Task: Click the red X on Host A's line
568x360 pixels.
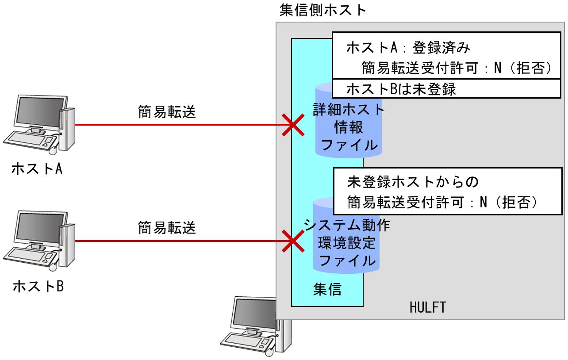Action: (292, 125)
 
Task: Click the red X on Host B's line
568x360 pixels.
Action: (292, 241)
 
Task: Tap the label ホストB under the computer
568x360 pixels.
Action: (37, 286)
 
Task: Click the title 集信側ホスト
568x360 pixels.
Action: (323, 10)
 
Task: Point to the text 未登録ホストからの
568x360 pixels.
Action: (414, 182)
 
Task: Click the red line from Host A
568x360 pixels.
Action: (177, 125)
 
